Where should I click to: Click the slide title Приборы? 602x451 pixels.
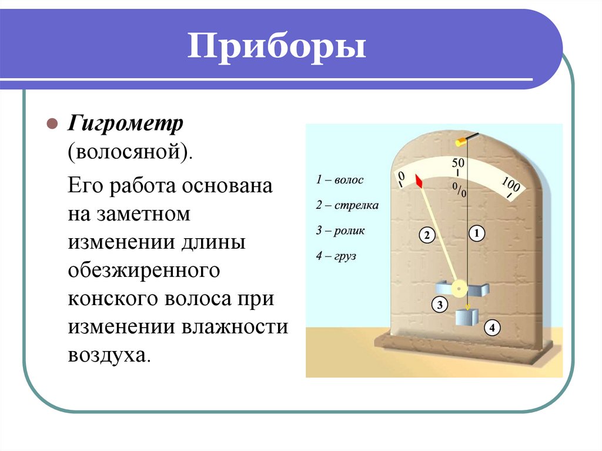point(277,48)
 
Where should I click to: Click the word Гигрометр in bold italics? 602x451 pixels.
point(126,124)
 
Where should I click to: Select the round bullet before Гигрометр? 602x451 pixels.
point(52,125)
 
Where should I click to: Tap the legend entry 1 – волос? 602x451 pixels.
point(340,180)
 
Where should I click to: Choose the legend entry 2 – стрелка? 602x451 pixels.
point(347,205)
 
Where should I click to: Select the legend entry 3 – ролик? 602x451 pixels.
point(340,230)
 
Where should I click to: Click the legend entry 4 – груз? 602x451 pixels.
point(336,256)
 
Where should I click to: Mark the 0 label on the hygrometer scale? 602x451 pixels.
point(401,177)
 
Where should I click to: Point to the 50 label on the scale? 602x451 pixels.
point(459,162)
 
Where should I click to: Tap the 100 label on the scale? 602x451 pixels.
point(510,186)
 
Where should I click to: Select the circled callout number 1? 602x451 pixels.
point(476,234)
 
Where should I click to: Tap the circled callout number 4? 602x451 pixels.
point(492,328)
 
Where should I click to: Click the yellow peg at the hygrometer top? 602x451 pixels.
point(461,141)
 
